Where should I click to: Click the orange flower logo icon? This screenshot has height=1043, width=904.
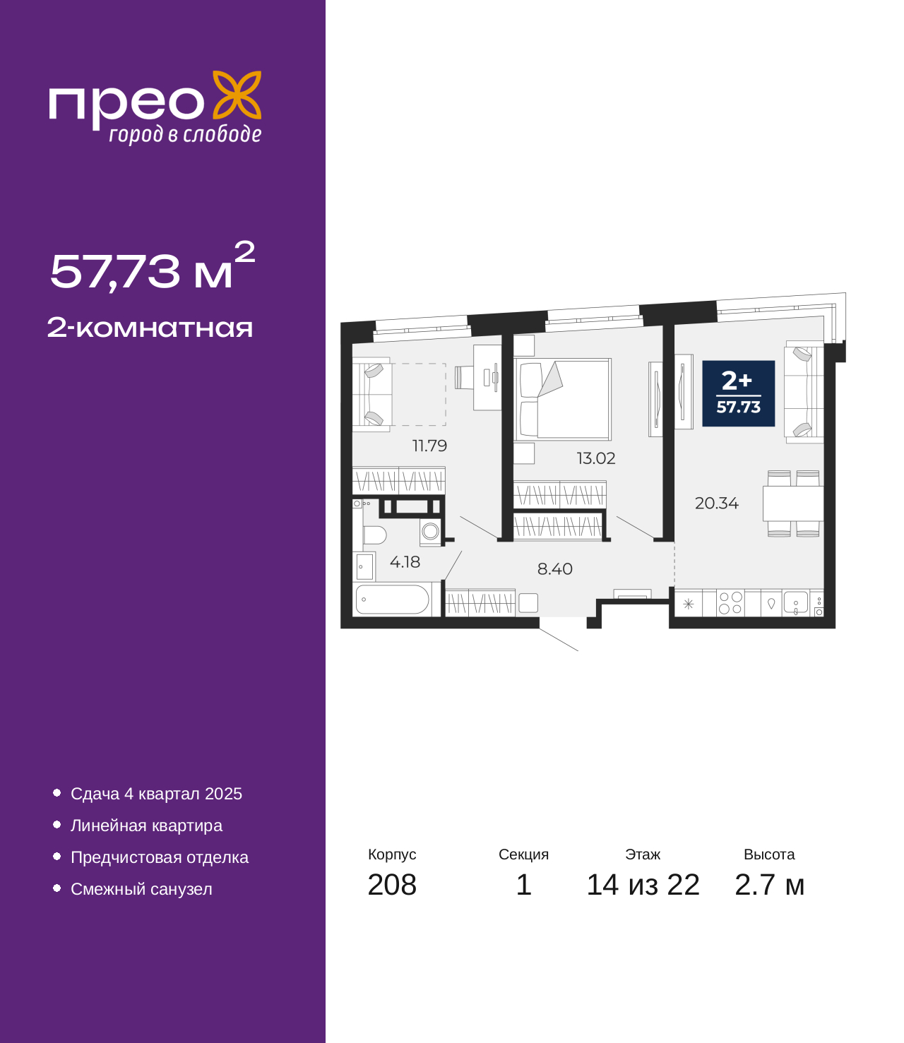pyautogui.click(x=237, y=95)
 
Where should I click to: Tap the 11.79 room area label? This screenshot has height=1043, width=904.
pyautogui.click(x=429, y=446)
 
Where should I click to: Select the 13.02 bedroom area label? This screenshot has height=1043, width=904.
pyautogui.click(x=595, y=458)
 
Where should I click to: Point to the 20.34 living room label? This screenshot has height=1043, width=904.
pyautogui.click(x=716, y=503)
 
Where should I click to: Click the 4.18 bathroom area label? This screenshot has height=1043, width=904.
pyautogui.click(x=405, y=561)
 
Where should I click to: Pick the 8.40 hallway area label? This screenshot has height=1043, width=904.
pyautogui.click(x=554, y=568)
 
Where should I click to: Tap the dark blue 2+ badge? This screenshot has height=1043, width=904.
pyautogui.click(x=739, y=393)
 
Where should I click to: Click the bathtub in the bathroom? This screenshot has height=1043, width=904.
pyautogui.click(x=392, y=599)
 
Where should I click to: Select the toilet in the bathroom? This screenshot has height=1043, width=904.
pyautogui.click(x=374, y=535)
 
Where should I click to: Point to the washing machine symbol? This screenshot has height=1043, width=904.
pyautogui.click(x=430, y=532)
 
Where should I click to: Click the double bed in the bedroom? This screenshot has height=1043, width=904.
pyautogui.click(x=562, y=399)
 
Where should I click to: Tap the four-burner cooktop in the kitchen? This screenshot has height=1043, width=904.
pyautogui.click(x=730, y=602)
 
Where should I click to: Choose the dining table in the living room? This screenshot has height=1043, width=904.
pyautogui.click(x=792, y=503)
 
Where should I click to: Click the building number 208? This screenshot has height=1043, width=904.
pyautogui.click(x=392, y=885)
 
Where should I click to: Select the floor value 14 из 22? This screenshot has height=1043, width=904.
pyautogui.click(x=643, y=885)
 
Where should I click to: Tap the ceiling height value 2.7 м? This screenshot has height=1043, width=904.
pyautogui.click(x=769, y=885)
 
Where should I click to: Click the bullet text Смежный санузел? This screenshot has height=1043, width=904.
pyautogui.click(x=141, y=889)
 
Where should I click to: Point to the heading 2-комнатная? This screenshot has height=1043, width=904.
pyautogui.click(x=150, y=328)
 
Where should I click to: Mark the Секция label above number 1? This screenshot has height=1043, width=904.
pyautogui.click(x=523, y=854)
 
